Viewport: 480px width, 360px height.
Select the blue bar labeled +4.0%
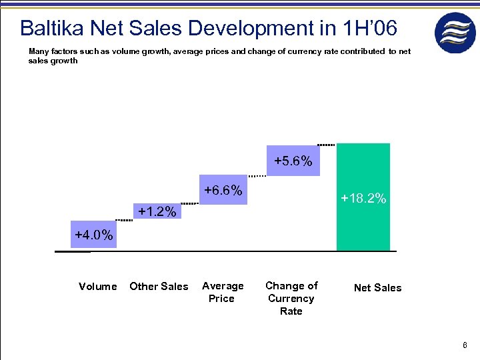coord(93,235)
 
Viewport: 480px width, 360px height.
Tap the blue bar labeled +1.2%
coord(157,212)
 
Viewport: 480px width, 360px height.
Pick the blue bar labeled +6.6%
coord(223,191)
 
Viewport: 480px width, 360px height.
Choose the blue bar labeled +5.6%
coord(293,161)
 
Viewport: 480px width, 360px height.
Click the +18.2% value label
coord(363,198)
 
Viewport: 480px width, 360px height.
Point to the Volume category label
coord(97,287)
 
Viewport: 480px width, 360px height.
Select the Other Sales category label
coord(159,287)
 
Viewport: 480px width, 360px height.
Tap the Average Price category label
coord(223,292)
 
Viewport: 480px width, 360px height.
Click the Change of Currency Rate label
coord(291,298)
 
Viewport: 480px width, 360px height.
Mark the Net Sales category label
coord(377,288)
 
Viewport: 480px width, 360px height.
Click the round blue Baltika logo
coord(455,33)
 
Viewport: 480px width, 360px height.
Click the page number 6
coord(465,345)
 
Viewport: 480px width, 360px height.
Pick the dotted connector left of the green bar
coord(326,144)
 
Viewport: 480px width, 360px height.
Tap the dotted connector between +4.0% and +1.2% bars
coord(123,219)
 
